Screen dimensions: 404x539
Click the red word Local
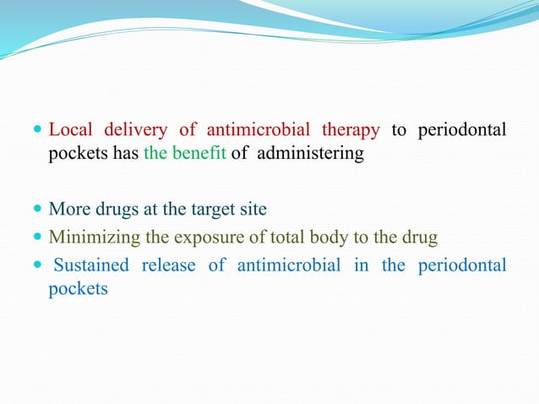70,130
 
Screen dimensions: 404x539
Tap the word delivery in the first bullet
135,130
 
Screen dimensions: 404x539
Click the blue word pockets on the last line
79,290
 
